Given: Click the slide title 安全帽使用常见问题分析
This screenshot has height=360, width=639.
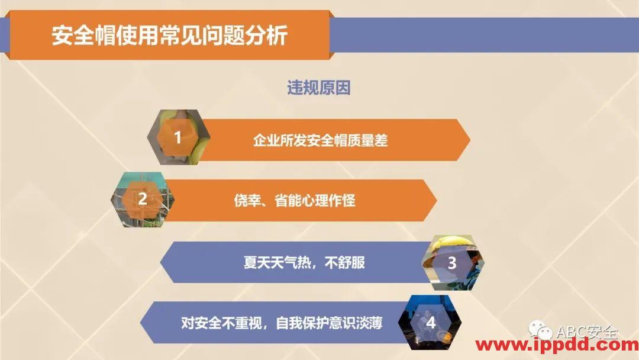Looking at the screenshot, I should click(x=169, y=36).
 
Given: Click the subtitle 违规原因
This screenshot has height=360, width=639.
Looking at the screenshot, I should click(x=319, y=88).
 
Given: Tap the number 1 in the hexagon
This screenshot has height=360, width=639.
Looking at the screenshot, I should click(x=177, y=138).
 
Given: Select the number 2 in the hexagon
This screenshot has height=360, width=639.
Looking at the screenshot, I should click(x=143, y=199).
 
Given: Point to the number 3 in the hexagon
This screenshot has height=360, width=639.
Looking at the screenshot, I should click(x=451, y=263).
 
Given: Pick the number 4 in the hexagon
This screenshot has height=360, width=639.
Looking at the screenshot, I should click(x=431, y=323).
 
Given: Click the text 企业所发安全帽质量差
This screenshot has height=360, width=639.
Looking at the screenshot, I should click(x=320, y=140).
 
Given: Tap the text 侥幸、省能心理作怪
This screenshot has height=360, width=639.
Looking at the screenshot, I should click(x=294, y=200).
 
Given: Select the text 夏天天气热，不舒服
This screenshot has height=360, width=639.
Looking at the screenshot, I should click(x=304, y=262).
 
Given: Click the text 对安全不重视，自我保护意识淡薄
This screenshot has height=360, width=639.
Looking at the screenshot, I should click(x=282, y=323).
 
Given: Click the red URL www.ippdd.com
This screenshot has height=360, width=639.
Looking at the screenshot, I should click(x=557, y=345).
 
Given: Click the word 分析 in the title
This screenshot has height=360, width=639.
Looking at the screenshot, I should click(x=273, y=36).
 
